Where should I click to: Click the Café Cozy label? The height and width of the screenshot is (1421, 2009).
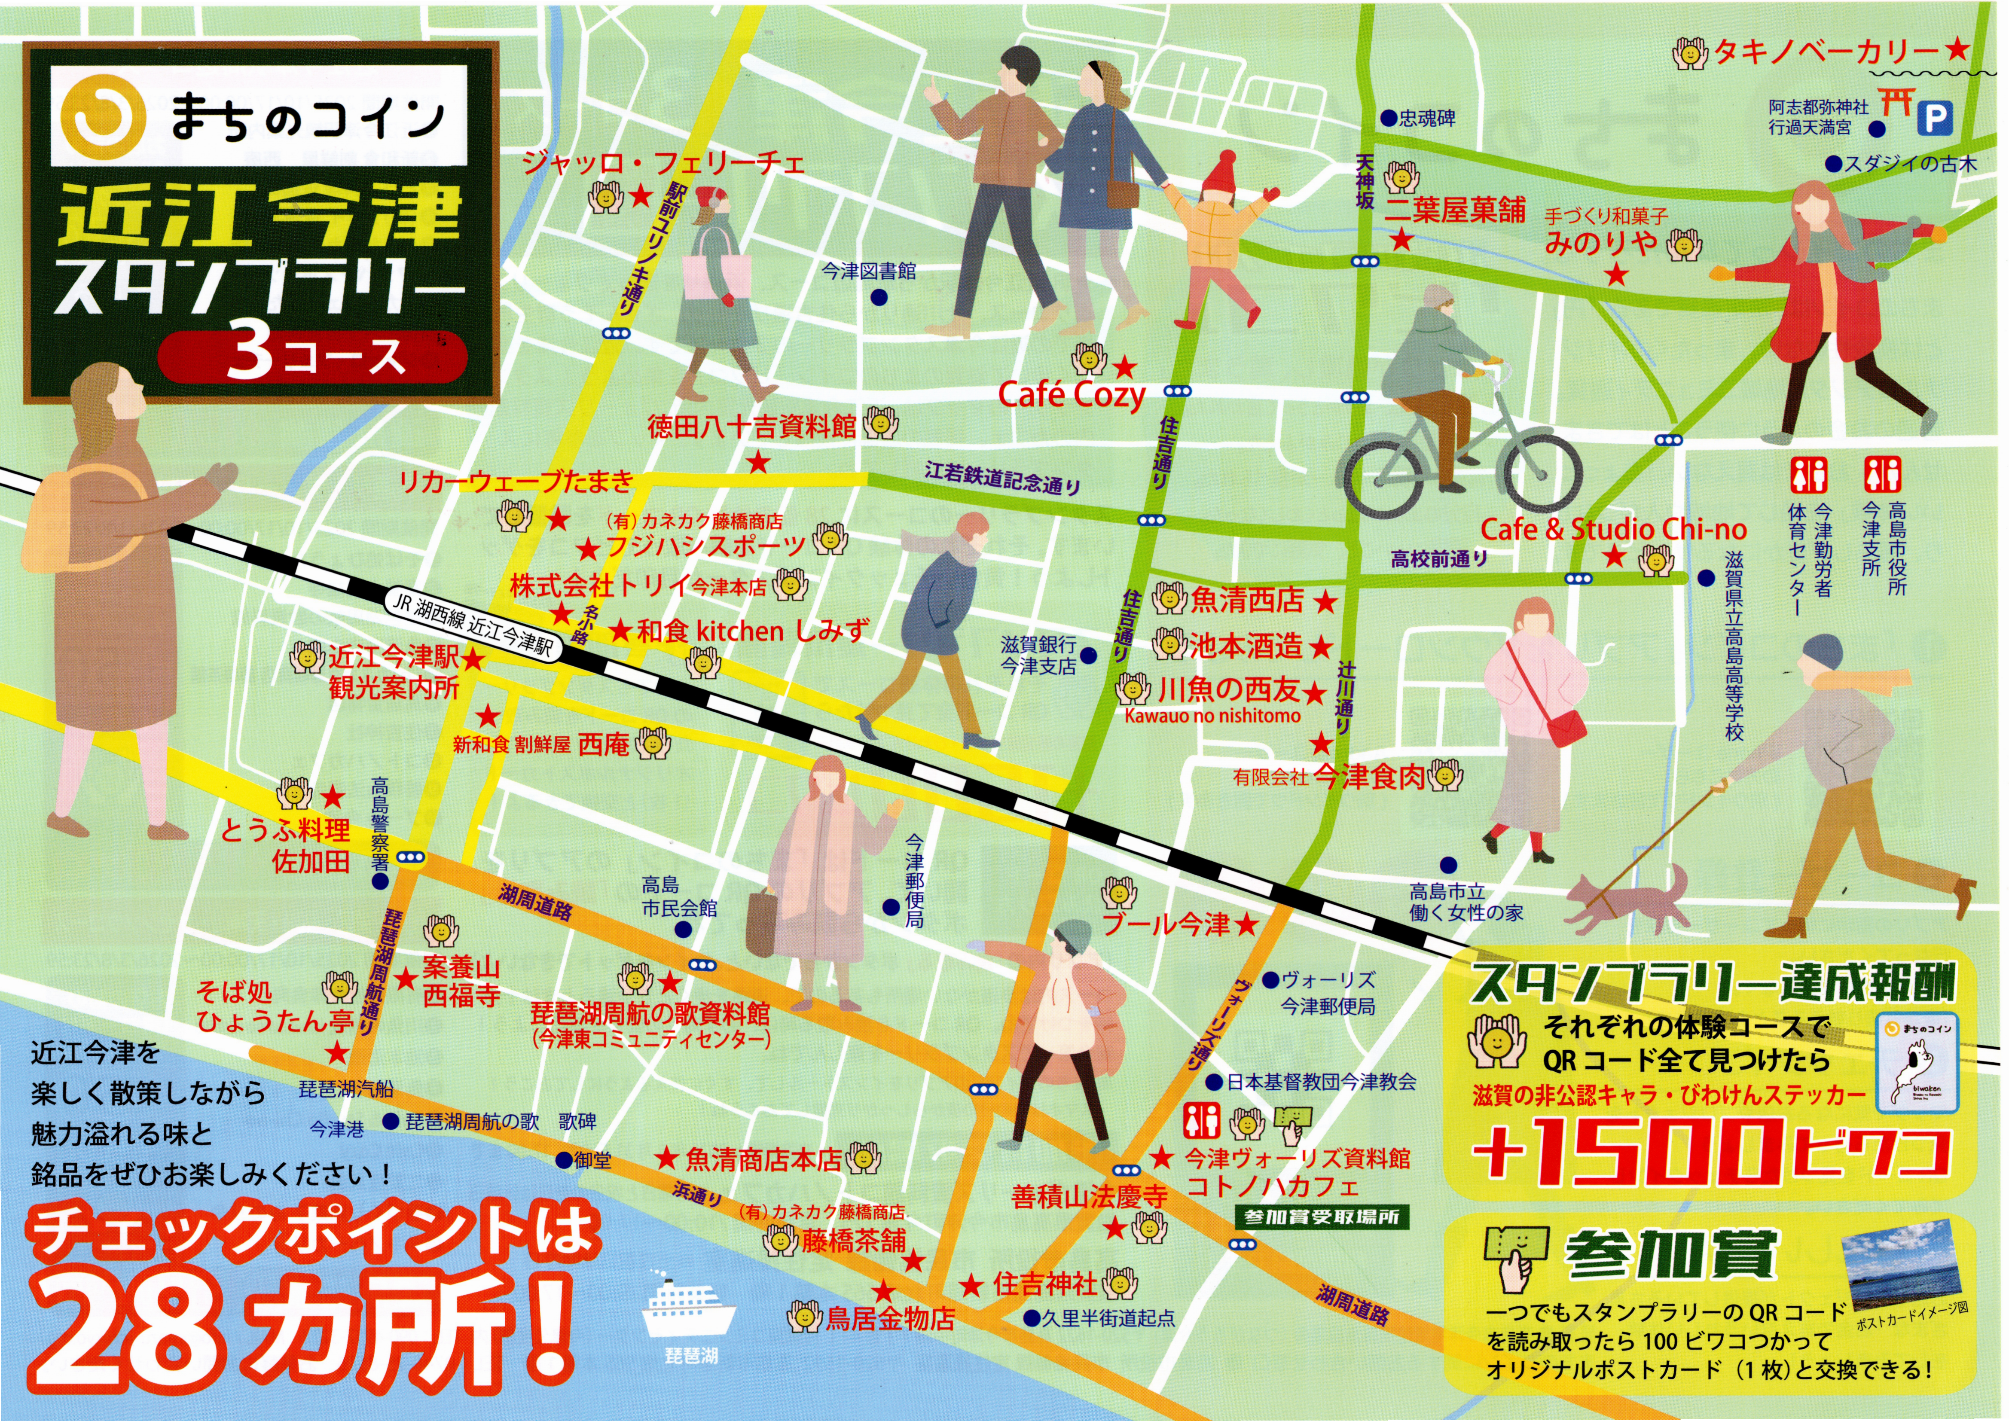pos(1072,396)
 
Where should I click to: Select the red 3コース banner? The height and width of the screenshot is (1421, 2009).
pos(312,357)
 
